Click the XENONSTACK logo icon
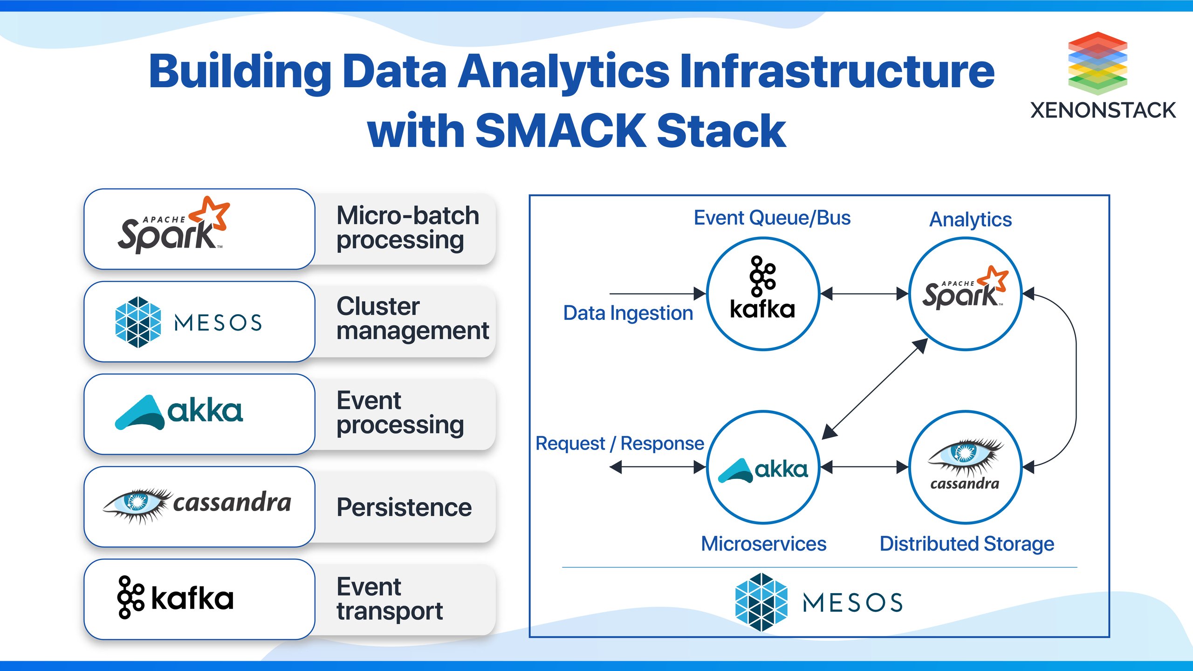tap(1097, 63)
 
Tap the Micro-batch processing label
tap(407, 228)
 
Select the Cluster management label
tap(412, 319)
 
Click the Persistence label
tap(404, 507)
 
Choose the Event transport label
tap(390, 599)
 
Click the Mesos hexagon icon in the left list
tap(138, 322)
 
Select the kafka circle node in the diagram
tap(763, 294)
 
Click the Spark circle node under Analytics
tap(966, 294)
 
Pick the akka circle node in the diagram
tap(763, 467)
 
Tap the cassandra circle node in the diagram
tap(966, 467)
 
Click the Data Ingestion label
tap(628, 313)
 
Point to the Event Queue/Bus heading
tap(772, 218)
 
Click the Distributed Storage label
tap(967, 544)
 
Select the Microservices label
tap(763, 544)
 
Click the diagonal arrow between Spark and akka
tap(875, 389)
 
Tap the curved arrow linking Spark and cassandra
tap(1076, 380)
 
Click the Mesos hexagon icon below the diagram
tap(761, 602)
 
